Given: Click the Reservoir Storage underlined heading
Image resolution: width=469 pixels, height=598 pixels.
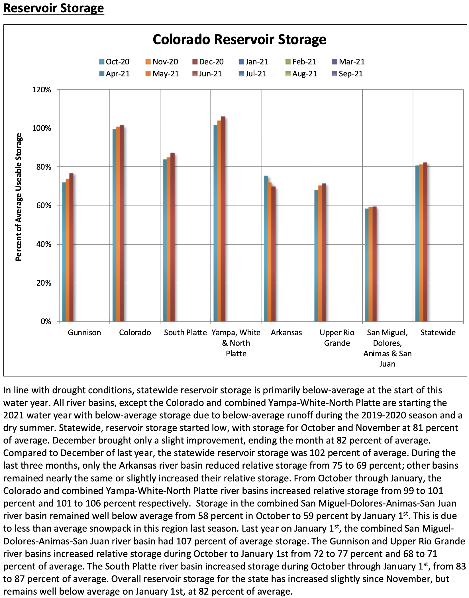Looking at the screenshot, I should (x=54, y=8).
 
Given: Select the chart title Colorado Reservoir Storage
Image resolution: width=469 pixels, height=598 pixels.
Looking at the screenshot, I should (x=239, y=39).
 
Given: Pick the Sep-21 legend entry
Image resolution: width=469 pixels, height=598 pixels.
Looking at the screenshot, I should (x=347, y=74).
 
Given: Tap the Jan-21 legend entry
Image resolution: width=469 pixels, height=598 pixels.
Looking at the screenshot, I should (x=254, y=62).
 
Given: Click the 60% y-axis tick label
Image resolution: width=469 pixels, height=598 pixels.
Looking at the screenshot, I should (x=44, y=206).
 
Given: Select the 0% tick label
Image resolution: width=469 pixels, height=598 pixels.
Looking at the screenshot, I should (x=46, y=322).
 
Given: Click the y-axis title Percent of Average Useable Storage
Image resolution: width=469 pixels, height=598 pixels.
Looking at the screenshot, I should (x=19, y=197).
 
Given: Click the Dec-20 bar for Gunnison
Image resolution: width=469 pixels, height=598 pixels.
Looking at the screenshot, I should (x=71, y=247).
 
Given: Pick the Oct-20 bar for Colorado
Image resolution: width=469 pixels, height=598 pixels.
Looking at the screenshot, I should (x=114, y=225).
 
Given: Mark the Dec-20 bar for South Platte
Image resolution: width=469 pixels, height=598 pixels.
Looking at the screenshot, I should (x=172, y=237).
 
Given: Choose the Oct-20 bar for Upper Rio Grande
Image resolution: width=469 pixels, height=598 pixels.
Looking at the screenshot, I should (x=316, y=256).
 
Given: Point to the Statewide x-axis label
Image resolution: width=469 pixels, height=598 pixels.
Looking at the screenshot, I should (x=438, y=333).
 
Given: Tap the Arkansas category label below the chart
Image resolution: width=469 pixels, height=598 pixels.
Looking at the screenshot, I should (x=286, y=333).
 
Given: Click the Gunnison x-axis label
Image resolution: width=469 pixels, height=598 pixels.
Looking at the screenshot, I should (x=84, y=333).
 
